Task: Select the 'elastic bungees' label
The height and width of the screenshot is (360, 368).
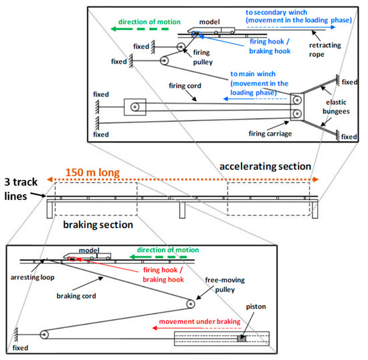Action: (x=336, y=106)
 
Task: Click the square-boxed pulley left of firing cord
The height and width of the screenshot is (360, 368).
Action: (x=135, y=106)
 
